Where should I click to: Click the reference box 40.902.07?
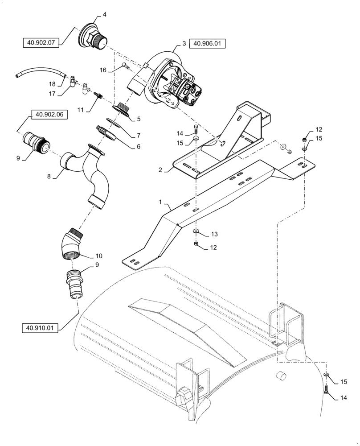[x=41, y=43]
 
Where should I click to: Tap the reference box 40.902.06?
[x=49, y=114]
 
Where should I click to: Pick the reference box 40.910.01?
[x=40, y=329]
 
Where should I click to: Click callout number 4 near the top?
[x=104, y=14]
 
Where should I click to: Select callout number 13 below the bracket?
[x=215, y=234]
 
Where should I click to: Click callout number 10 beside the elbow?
[x=98, y=256]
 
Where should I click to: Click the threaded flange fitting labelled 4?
[x=93, y=36]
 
